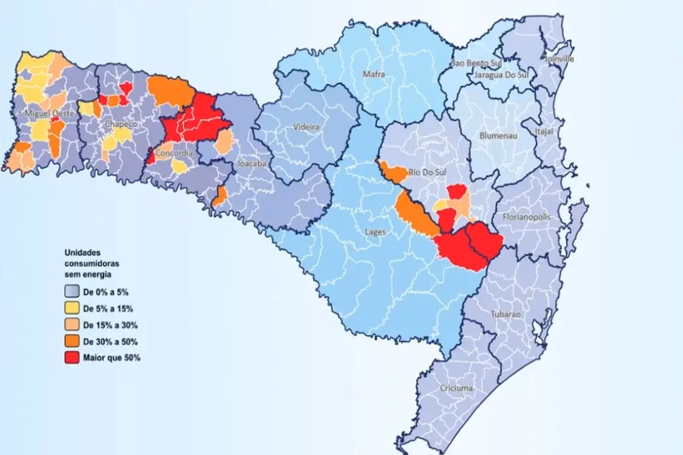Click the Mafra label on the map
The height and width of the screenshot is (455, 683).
tap(375, 73)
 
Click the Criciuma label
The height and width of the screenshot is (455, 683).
tap(456, 388)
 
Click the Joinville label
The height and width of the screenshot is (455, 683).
tap(559, 59)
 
